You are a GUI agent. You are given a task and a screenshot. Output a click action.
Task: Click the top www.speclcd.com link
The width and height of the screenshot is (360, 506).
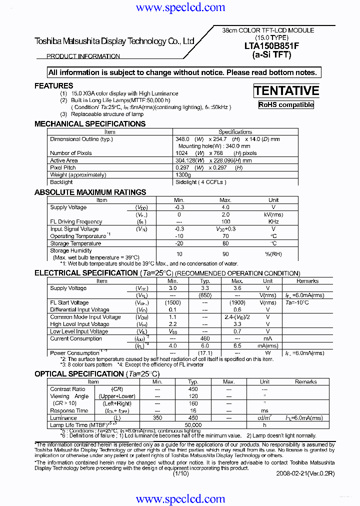tap(180, 7)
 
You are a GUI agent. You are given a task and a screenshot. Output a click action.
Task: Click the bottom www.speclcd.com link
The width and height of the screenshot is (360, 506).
tap(180, 499)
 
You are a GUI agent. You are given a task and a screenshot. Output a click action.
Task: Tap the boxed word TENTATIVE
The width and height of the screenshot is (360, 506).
tap(286, 90)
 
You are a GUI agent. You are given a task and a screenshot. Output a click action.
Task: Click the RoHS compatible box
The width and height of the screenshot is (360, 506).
tap(286, 105)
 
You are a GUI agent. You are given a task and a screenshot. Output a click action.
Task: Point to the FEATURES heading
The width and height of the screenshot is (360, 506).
tap(54, 86)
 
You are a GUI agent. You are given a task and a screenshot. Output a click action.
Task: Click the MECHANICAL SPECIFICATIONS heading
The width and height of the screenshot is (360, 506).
tap(90, 124)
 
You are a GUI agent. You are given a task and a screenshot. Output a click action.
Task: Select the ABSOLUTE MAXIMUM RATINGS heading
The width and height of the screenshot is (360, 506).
tap(90, 192)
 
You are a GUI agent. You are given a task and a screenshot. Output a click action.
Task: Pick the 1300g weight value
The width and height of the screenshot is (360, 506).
tap(183, 175)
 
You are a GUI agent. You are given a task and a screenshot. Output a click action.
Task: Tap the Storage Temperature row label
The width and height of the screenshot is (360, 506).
tap(75, 243)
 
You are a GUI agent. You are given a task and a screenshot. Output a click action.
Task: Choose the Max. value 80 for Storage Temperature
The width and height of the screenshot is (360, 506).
tap(225, 243)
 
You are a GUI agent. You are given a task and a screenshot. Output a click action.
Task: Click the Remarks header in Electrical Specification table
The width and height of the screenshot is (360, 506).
tap(307, 281)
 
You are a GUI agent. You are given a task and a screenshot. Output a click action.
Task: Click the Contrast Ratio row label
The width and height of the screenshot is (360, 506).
tap(67, 389)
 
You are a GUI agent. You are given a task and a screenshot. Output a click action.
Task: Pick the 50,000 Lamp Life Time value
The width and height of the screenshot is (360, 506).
tap(193, 425)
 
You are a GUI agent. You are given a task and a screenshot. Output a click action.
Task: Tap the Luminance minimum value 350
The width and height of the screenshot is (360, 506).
tap(157, 418)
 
